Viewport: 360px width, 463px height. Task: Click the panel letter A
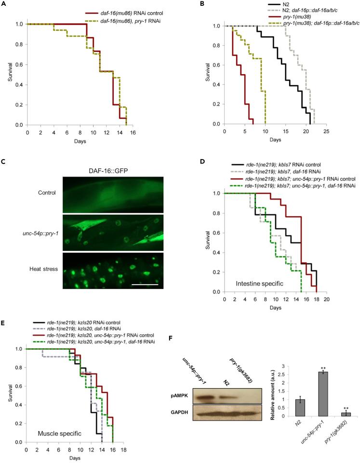coord(4,4)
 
